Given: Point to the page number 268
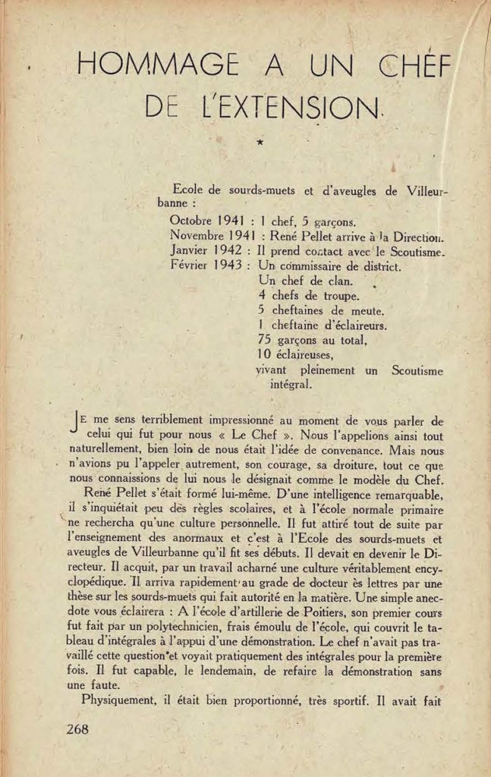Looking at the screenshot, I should pyautogui.click(x=77, y=729).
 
